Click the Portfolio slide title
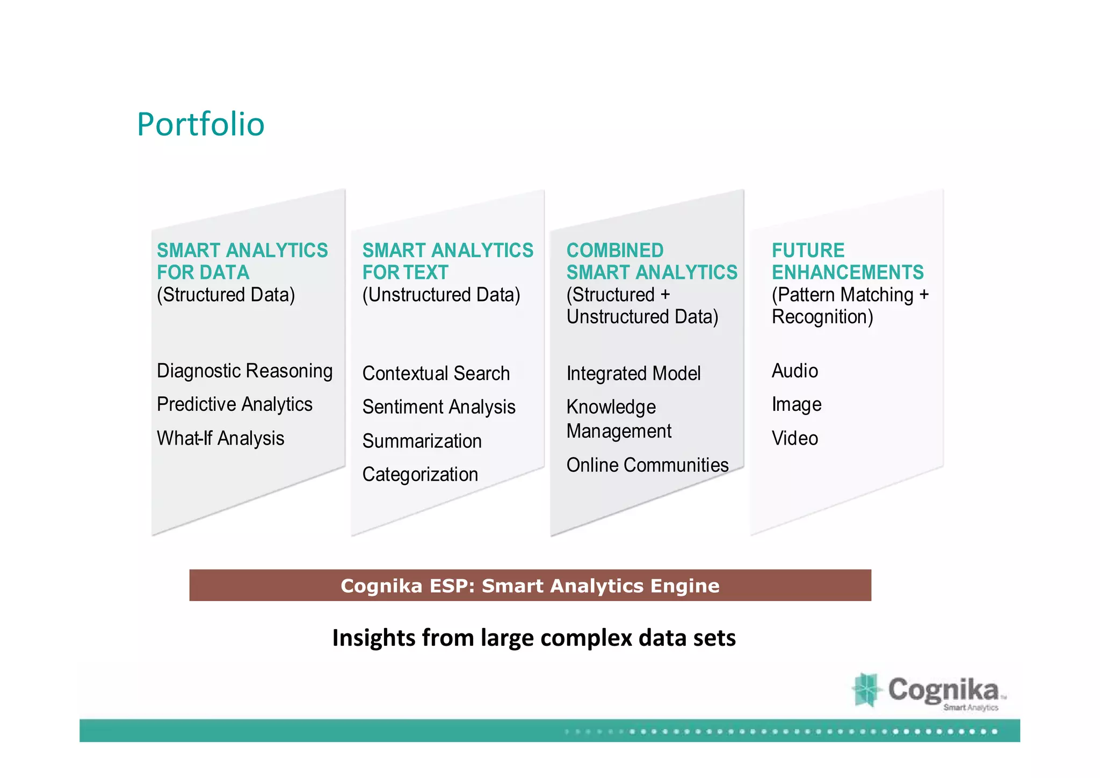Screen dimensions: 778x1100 [200, 124]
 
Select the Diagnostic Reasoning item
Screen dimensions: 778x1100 [244, 371]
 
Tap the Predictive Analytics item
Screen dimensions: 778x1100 [234, 404]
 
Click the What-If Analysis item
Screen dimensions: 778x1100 [220, 438]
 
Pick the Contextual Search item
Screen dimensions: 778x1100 [436, 374]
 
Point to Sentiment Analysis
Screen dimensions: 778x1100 [438, 407]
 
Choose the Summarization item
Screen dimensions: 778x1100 [422, 441]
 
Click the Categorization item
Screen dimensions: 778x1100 [420, 474]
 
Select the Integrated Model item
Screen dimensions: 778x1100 [633, 374]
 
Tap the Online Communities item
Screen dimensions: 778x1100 [647, 465]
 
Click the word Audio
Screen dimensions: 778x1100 [794, 371]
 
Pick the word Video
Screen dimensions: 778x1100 [794, 438]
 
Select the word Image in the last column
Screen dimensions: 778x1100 [796, 404]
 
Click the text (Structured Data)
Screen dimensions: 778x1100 [226, 295]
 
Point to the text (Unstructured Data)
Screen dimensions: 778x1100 [441, 295]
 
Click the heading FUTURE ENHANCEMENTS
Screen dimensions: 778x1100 [847, 261]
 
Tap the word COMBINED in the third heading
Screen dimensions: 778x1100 [615, 251]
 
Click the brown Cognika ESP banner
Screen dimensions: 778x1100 [530, 586]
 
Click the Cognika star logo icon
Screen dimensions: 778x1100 [866, 690]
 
